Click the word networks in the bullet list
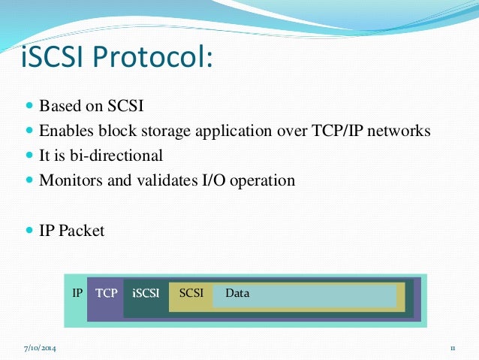coord(399,131)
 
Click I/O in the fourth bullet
coord(207,180)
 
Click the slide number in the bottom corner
coord(453,349)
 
